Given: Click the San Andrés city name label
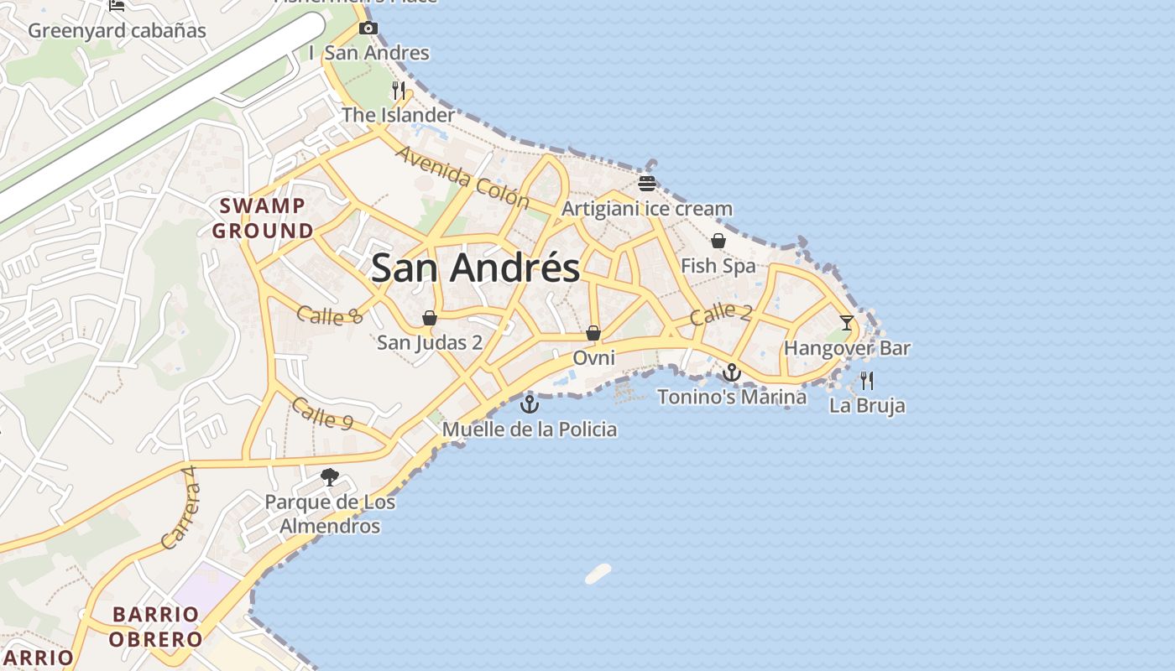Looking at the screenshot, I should pyautogui.click(x=475, y=268).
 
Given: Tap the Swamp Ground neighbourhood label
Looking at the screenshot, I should pyautogui.click(x=263, y=218).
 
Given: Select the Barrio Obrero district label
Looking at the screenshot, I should pyautogui.click(x=157, y=627).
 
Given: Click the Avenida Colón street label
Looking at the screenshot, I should pyautogui.click(x=462, y=177).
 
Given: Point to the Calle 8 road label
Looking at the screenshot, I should pyautogui.click(x=329, y=315).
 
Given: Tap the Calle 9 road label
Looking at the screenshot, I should pyautogui.click(x=321, y=414).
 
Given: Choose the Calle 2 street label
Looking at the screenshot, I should pyautogui.click(x=721, y=315).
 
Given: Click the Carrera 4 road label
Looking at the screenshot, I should pyautogui.click(x=180, y=507).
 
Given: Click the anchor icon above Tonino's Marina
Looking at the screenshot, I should pyautogui.click(x=732, y=372).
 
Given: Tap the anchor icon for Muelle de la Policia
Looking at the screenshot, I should pyautogui.click(x=529, y=405).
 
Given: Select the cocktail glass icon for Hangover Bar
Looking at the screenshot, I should pyautogui.click(x=846, y=323).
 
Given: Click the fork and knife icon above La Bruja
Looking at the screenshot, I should pyautogui.click(x=867, y=381).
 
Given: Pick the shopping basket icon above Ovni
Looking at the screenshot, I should pyautogui.click(x=593, y=333).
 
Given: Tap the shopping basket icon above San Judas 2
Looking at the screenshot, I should pyautogui.click(x=430, y=318).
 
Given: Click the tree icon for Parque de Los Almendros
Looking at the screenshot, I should pyautogui.click(x=330, y=477).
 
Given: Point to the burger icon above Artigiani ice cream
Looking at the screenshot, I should pyautogui.click(x=646, y=184).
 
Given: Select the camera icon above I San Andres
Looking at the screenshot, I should pyautogui.click(x=368, y=29).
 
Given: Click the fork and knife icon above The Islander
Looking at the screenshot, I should pyautogui.click(x=399, y=90).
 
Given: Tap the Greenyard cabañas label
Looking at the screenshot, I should pyautogui.click(x=117, y=31).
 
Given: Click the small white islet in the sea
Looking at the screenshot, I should pyautogui.click(x=598, y=574).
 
